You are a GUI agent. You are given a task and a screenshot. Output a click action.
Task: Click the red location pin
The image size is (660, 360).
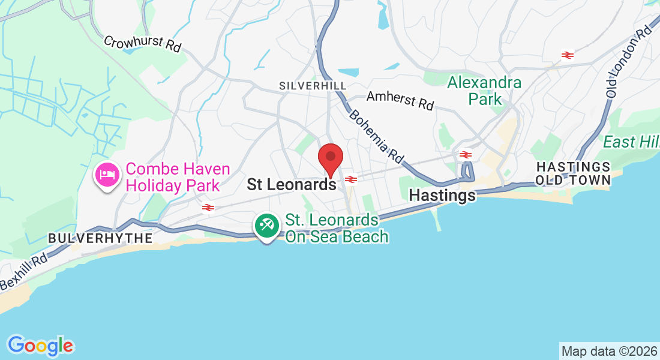(x=330, y=157)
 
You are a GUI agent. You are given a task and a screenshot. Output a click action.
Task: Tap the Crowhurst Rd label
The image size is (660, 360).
(x=142, y=44)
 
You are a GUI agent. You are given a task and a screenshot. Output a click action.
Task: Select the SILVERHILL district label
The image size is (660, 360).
(x=313, y=86)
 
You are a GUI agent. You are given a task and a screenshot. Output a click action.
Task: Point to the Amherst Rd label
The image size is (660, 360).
(x=400, y=100)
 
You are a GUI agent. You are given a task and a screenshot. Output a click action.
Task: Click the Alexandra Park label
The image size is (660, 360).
(x=485, y=91)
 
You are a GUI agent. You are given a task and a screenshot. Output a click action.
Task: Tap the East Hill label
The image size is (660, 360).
(x=631, y=142)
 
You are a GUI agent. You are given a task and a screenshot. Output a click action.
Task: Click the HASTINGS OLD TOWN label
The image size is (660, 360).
(x=573, y=173)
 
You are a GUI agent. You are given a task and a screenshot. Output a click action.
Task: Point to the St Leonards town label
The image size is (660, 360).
(x=292, y=185)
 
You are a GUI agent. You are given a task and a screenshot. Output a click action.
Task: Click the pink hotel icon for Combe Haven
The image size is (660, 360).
(x=107, y=175)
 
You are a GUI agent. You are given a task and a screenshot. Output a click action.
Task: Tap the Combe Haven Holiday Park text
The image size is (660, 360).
(x=173, y=177)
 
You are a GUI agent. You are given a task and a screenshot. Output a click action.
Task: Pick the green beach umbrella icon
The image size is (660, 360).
(x=266, y=226)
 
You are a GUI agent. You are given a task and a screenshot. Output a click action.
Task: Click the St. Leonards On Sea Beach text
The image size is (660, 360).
(x=337, y=229)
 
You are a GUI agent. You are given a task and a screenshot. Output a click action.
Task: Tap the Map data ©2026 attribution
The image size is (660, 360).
(x=609, y=350)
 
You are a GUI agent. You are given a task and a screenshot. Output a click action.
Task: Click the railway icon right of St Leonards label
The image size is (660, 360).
(x=352, y=179)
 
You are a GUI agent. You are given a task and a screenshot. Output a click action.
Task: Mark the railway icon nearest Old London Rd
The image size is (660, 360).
(x=567, y=55)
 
